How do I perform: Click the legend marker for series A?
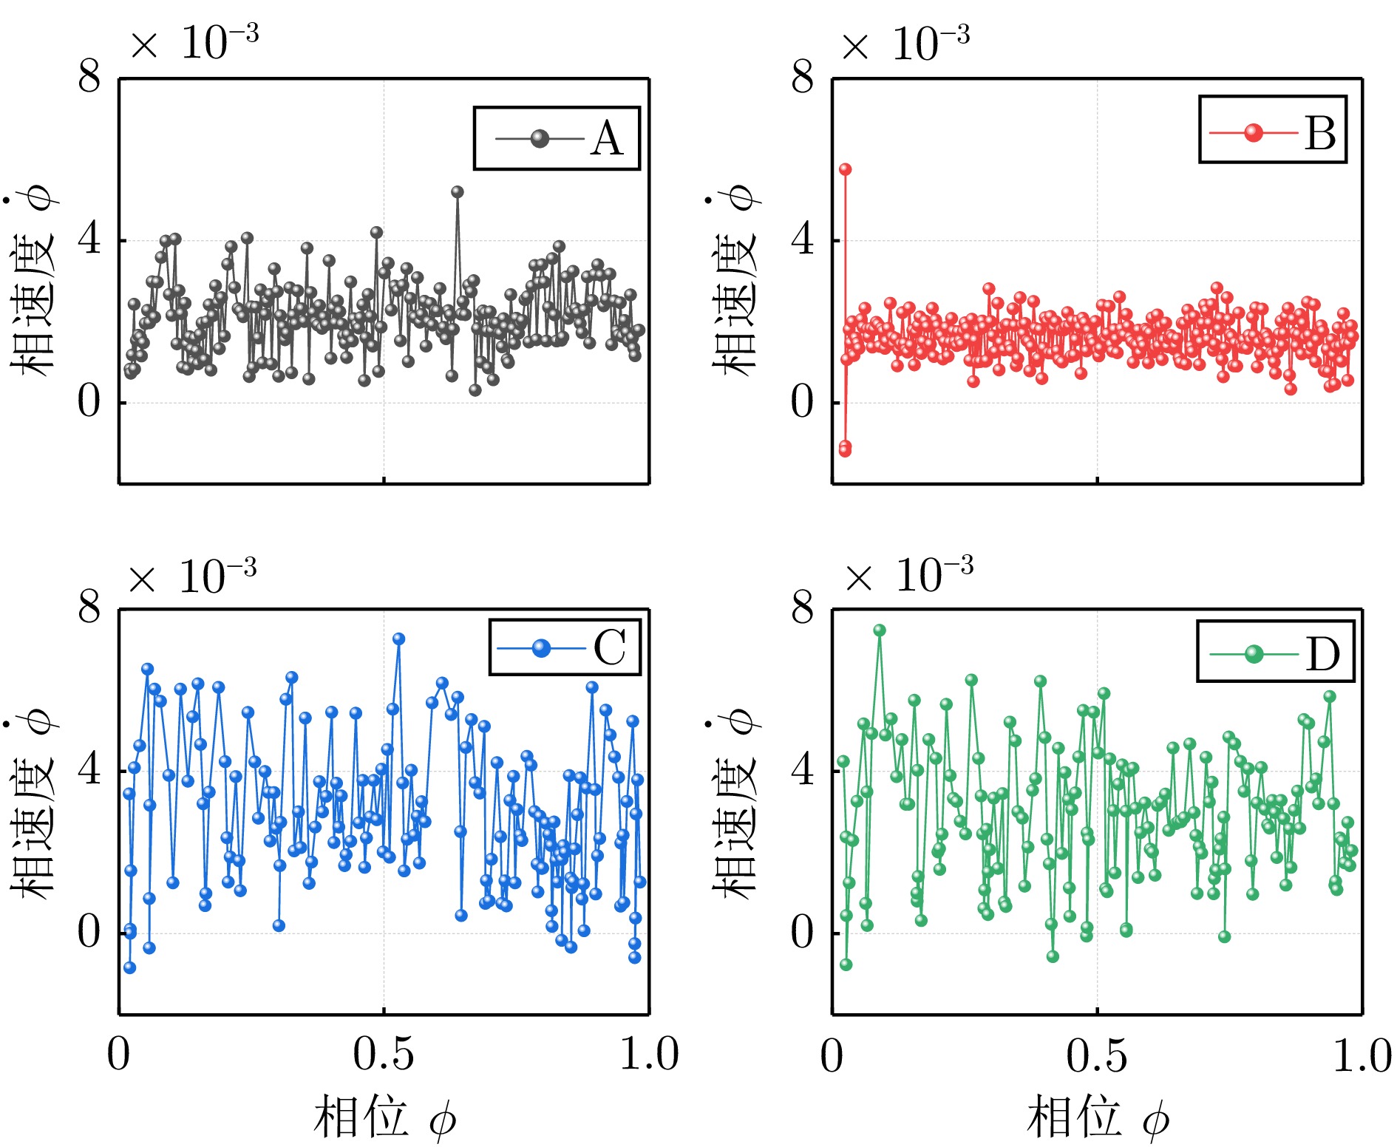540,138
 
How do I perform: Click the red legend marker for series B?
1254,132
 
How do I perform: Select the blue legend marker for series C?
542,648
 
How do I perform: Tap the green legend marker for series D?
1254,653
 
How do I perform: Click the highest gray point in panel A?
458,191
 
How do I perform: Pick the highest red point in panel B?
846,169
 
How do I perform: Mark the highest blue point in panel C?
399,639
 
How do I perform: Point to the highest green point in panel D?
880,630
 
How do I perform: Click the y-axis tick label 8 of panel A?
89,76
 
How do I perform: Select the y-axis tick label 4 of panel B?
802,239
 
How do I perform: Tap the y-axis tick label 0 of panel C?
89,932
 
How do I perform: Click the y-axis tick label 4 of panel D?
802,770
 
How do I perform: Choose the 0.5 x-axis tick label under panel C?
383,1055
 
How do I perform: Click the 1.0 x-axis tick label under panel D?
1362,1055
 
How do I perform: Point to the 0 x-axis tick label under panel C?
118,1055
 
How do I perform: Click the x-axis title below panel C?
384,1117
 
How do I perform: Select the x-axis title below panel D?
1098,1117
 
